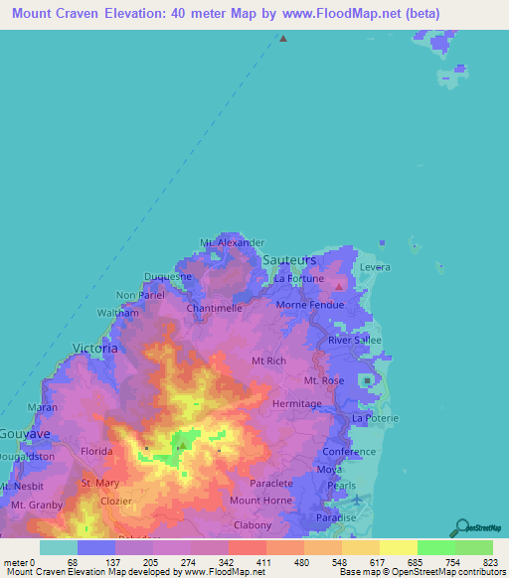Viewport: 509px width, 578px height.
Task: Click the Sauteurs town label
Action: click(289, 259)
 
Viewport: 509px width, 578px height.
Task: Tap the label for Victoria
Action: click(95, 349)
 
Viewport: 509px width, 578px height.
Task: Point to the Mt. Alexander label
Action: click(232, 242)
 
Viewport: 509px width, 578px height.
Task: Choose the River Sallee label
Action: click(355, 340)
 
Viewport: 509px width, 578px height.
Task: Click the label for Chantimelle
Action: click(215, 309)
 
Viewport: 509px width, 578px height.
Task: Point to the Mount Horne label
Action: click(260, 501)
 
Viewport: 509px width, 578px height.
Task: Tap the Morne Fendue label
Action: click(309, 305)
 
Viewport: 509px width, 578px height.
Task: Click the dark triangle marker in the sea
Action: click(283, 39)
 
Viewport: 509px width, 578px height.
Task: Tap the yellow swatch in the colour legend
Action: click(398, 547)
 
